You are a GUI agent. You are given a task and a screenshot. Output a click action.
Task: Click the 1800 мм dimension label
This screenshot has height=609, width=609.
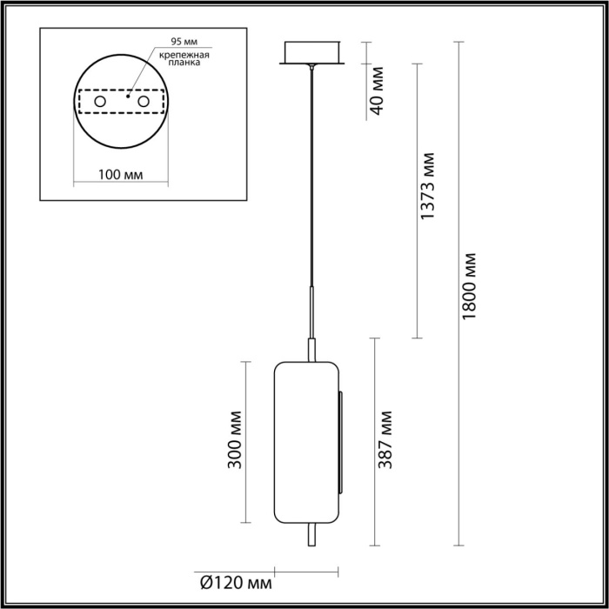[x=470, y=287]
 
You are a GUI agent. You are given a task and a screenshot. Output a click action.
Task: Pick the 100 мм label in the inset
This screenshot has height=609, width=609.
[x=120, y=174]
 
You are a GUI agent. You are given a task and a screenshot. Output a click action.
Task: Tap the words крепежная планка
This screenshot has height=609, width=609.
[x=181, y=58]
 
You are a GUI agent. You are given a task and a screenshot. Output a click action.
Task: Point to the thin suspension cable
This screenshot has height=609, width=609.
[x=309, y=174]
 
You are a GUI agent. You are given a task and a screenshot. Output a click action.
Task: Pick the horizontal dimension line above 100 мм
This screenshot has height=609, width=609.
[x=120, y=184]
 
